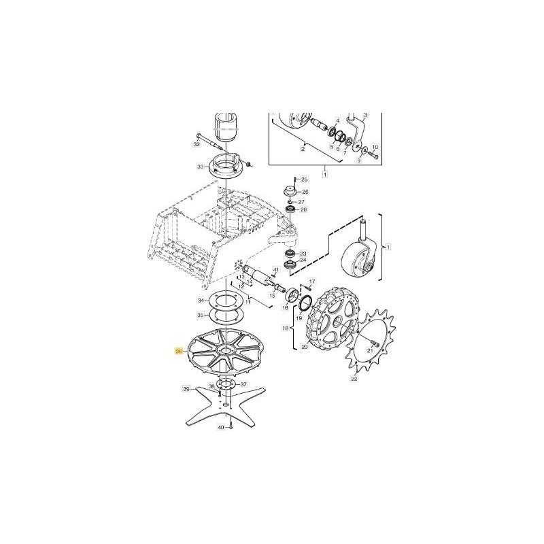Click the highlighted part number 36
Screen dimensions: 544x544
[x=179, y=351]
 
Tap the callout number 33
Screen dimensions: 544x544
[x=199, y=167]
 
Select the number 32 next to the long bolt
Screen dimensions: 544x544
[x=197, y=145]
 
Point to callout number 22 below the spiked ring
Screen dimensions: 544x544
[x=354, y=379]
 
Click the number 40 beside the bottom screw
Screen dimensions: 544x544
[x=220, y=427]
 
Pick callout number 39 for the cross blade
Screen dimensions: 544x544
[x=186, y=389]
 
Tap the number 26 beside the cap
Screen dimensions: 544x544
[x=304, y=192]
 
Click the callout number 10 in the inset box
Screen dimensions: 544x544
[x=375, y=147]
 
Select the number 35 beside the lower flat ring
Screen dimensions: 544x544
[x=200, y=315]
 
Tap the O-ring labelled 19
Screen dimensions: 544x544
[x=305, y=301]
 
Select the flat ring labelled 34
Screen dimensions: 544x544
[x=225, y=299]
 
